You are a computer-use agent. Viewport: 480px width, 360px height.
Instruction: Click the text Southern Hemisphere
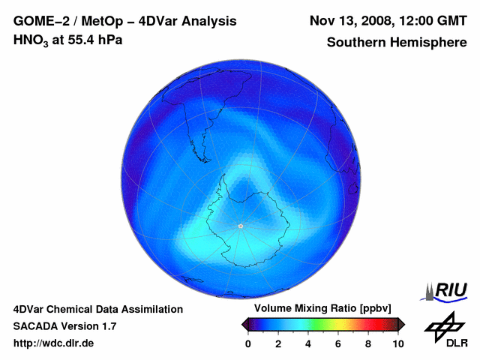point(396,42)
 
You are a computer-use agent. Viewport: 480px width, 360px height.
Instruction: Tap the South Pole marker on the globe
point(241,225)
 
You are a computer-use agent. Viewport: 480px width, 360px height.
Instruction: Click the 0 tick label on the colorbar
point(248,343)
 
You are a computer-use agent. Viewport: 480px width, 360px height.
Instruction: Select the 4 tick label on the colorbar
point(308,343)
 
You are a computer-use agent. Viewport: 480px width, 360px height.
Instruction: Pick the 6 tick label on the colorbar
point(338,343)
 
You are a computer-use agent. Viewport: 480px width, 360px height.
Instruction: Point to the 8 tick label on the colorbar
point(368,343)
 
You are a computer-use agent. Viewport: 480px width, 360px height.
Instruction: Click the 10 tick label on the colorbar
point(397,343)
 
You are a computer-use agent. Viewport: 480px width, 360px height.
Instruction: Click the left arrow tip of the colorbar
point(244,324)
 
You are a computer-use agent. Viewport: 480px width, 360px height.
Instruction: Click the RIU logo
point(448,290)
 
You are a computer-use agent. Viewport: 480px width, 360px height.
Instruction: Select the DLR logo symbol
point(444,327)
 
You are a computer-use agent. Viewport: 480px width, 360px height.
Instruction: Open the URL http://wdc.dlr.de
point(54,343)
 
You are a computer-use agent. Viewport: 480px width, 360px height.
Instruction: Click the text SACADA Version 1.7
point(64,326)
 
